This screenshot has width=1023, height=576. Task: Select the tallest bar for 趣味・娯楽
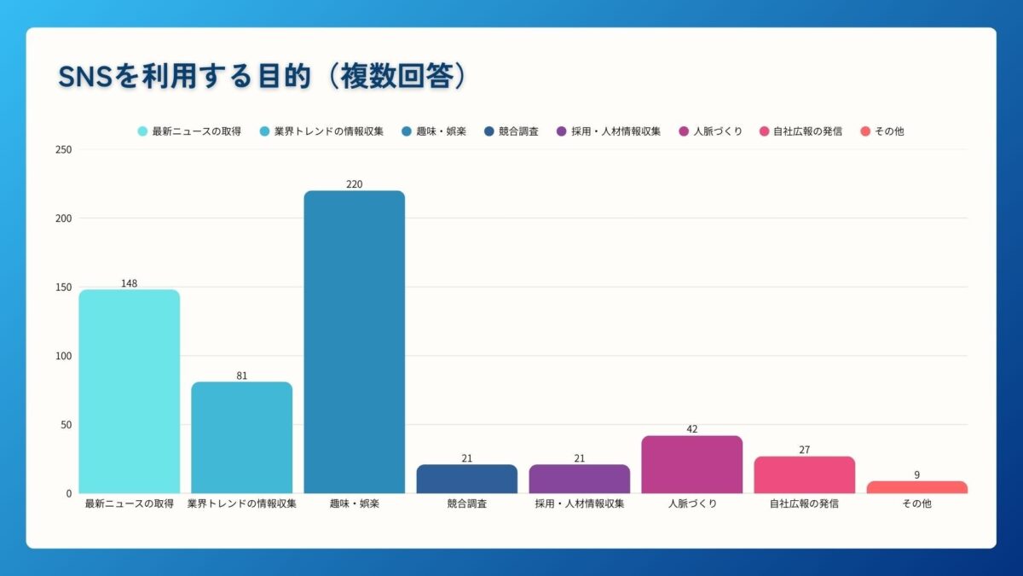coord(354,341)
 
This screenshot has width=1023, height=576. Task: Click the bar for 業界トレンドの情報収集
coord(241,437)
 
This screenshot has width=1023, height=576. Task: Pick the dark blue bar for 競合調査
coord(466,479)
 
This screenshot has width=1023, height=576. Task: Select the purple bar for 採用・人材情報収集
coord(579,479)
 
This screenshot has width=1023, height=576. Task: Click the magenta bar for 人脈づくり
coord(691,464)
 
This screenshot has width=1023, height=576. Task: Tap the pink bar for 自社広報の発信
coord(804,474)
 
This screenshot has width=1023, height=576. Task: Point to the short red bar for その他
coord(916,487)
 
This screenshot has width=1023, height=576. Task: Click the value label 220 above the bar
coord(354,184)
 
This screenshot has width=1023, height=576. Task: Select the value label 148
coord(129,283)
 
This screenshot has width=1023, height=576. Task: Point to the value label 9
coord(916,475)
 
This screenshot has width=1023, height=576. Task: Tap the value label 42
coord(691,429)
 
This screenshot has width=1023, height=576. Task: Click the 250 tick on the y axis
coord(63,150)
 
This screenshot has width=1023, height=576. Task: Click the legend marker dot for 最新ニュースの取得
coord(142,131)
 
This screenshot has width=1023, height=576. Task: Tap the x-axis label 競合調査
coord(466,504)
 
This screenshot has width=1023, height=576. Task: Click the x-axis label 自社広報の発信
coord(804,504)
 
